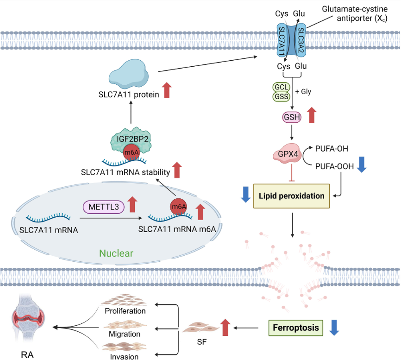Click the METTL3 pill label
pos(104,207)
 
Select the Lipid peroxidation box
pos(291,196)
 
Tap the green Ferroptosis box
pos(295,328)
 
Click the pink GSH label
pos(292,117)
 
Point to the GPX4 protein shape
pos(288,153)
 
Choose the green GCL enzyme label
pos(282,87)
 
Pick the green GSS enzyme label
pos(282,97)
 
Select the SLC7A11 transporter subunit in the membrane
pos(282,40)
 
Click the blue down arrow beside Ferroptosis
pos(334,328)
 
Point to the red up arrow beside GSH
pos(312,115)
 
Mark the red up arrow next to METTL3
pos(132,204)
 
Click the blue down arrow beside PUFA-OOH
pos(362,164)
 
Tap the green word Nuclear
pos(116,253)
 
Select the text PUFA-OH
pos(332,149)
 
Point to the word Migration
pos(125,334)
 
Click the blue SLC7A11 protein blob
pos(129,74)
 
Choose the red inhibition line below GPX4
pos(292,173)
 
